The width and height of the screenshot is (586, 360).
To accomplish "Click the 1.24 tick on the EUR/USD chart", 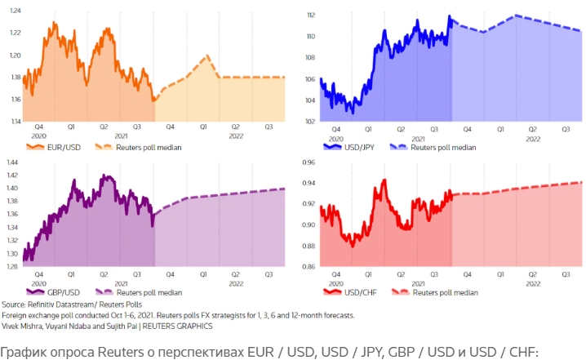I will point(16,10).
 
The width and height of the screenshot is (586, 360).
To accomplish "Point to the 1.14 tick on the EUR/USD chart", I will point(16,122).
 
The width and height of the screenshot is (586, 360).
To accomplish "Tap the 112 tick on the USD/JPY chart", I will point(311,16).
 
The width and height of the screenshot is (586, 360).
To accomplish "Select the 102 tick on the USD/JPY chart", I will point(311,122).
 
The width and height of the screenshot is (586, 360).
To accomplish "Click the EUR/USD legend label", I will point(64,148).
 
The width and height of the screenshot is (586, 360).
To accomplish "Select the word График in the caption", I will point(21,352).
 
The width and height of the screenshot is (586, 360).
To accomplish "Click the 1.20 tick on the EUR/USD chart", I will point(16,55).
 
